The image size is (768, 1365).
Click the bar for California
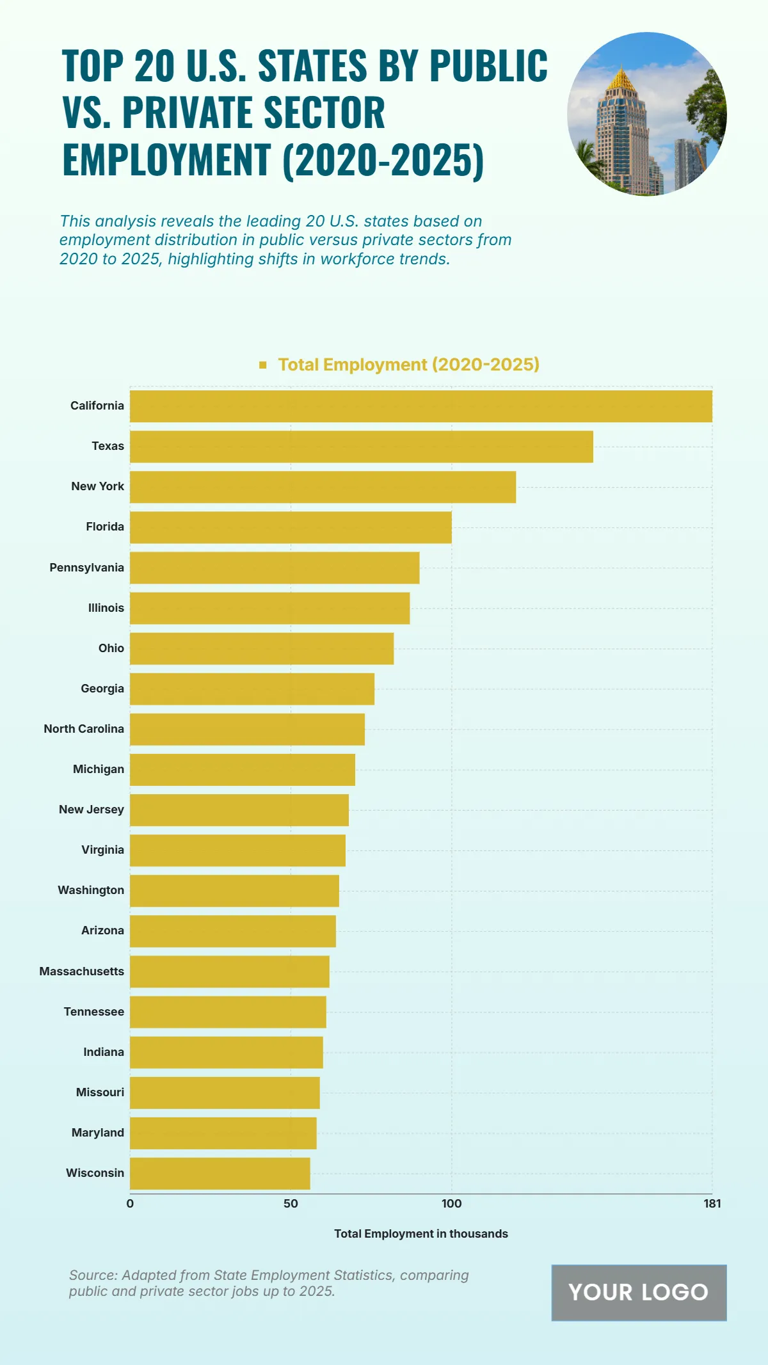tap(420, 406)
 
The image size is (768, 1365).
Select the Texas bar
tap(362, 447)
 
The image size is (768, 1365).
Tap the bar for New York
tap(323, 487)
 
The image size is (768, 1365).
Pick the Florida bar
tap(291, 527)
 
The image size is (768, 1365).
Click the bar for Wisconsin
tap(220, 1174)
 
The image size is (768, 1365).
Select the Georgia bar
tap(252, 689)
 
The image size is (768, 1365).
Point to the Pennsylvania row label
tap(87, 568)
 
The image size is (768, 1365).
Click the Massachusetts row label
tap(82, 971)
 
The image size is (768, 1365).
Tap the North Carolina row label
tap(84, 729)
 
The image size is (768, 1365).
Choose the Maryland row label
tap(98, 1133)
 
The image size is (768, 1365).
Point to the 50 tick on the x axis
tap(291, 1204)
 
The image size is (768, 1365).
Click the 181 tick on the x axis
tap(712, 1204)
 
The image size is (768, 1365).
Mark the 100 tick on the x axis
tap(451, 1204)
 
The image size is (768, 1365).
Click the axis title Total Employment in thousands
tap(421, 1234)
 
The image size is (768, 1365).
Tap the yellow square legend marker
tap(262, 365)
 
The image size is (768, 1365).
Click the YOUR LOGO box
tap(639, 1293)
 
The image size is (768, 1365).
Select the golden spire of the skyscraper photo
tap(621, 79)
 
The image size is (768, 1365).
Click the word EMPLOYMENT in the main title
tap(166, 160)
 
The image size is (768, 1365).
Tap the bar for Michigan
tap(243, 770)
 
